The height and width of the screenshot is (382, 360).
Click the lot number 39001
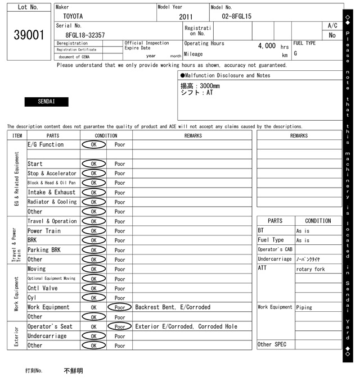(x=28, y=35)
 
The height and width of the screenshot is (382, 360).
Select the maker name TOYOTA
(x=72, y=16)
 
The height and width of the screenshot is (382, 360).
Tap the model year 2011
(x=186, y=17)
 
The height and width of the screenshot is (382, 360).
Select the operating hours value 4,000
(x=267, y=46)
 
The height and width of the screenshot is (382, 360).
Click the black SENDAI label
(x=46, y=102)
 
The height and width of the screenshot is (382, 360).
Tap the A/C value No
(x=332, y=35)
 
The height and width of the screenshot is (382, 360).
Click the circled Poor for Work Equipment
(x=120, y=307)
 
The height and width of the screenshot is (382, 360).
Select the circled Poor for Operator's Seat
(x=120, y=326)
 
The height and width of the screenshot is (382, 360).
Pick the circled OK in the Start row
(x=94, y=163)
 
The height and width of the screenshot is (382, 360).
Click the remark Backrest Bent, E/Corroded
(x=173, y=307)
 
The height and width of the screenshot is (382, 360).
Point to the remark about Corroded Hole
(x=186, y=326)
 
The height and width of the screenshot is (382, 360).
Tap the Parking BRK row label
(x=44, y=250)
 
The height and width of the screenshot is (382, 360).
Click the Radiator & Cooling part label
(x=52, y=202)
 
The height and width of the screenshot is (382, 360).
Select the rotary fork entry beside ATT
(x=310, y=269)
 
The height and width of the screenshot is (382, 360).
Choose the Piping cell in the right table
(x=304, y=307)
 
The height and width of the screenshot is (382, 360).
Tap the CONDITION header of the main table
(x=106, y=135)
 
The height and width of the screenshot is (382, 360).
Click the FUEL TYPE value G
(x=295, y=54)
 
